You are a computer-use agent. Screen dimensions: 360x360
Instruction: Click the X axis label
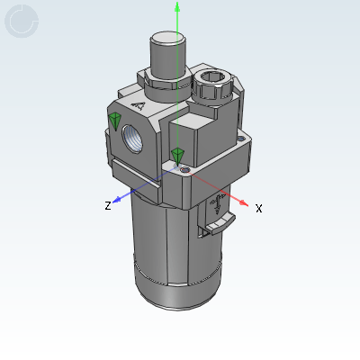pos(259,208)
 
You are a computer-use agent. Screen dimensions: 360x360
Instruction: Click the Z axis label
pos(108,205)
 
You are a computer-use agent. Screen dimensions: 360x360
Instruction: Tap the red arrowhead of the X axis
pos(244,203)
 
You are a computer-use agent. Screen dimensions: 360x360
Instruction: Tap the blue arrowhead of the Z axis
pos(117,199)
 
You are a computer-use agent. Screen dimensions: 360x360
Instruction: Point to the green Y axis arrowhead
pos(177,6)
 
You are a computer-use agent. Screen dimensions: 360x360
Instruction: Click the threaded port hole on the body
pos(132,139)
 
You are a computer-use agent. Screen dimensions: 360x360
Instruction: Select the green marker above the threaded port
pos(114,121)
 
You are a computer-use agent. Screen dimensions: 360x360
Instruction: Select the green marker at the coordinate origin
pos(178,157)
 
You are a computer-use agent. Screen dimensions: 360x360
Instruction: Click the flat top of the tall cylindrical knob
pos(167,38)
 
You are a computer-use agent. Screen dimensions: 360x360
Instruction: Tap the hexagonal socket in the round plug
pos(212,76)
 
